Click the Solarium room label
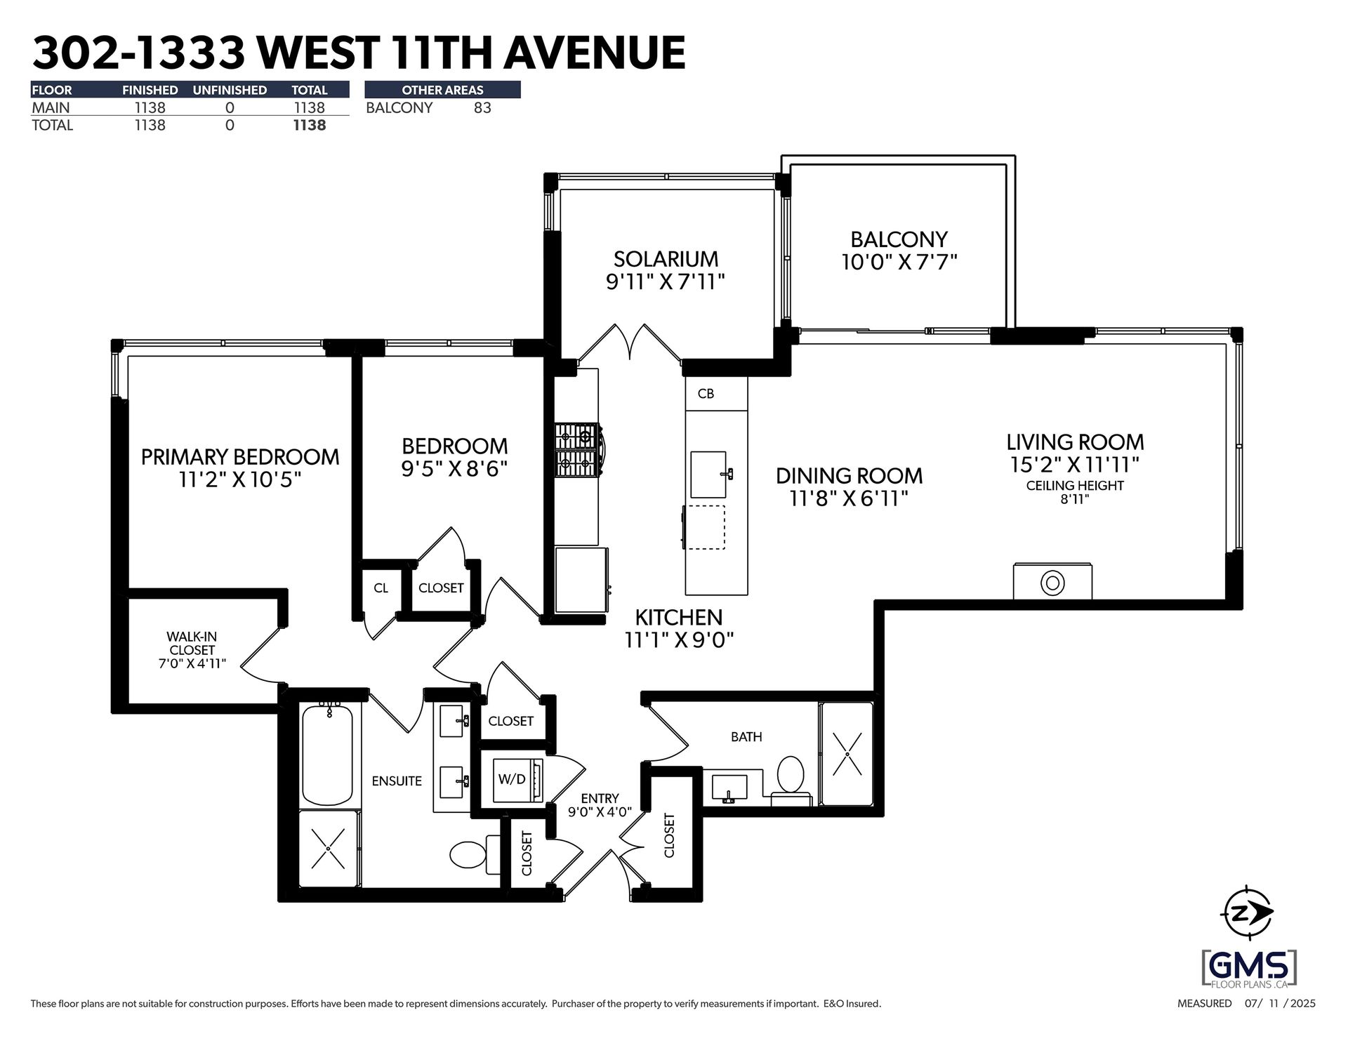pos(666,258)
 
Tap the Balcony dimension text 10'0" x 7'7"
pos(899,263)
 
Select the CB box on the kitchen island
pos(706,394)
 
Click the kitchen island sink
pos(708,475)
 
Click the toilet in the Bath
pos(791,775)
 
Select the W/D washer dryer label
pos(512,778)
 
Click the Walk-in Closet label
pos(192,649)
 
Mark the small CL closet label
pos(381,588)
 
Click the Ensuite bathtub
pos(327,755)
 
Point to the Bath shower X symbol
pos(847,754)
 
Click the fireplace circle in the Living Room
pos(1052,583)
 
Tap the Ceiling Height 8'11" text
pos(1075,492)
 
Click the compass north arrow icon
pos(1247,913)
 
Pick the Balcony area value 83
pos(482,108)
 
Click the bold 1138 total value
pos(310,126)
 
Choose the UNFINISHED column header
pos(230,90)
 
